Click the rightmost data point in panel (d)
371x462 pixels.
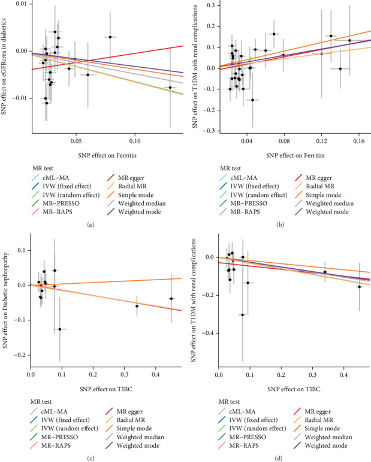point(360,287)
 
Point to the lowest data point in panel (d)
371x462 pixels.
point(242,314)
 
